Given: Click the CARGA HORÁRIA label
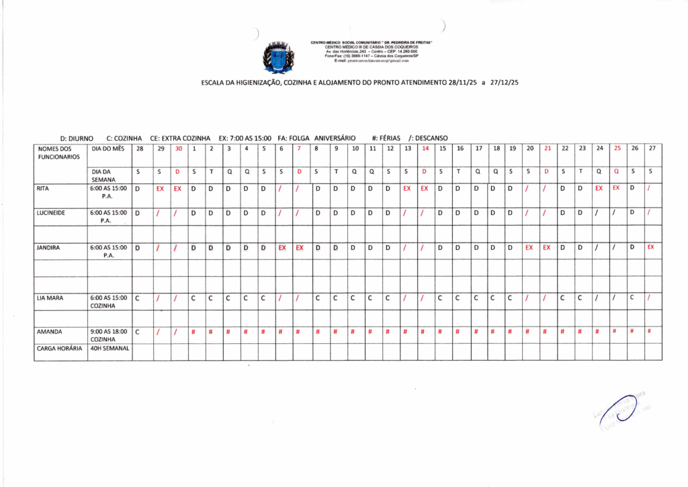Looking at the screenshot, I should click(59, 348).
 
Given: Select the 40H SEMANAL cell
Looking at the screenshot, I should click(110, 348).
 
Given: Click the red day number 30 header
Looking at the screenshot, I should click(178, 148).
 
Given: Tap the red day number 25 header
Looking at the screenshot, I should click(617, 148).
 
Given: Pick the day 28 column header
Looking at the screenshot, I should click(139, 148).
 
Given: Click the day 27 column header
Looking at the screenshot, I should click(651, 148).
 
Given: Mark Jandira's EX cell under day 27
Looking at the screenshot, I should click(651, 247).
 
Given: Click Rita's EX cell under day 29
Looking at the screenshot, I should click(160, 189).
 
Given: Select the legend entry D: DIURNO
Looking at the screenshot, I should click(77, 138).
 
